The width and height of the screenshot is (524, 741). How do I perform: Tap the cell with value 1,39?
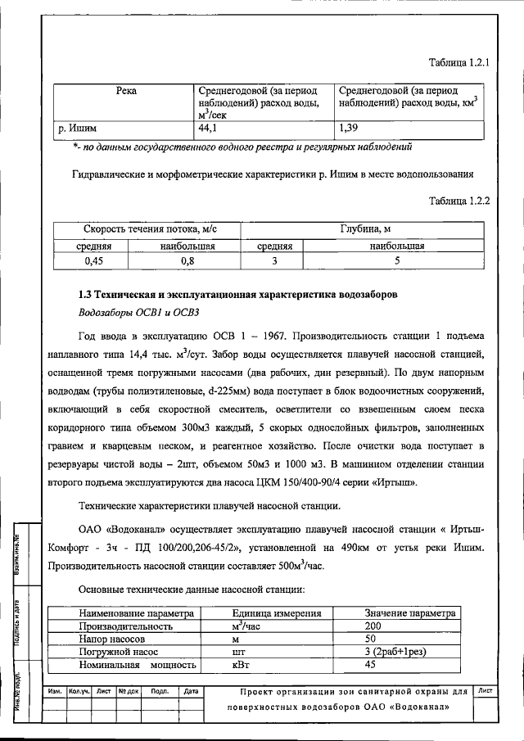click(349, 128)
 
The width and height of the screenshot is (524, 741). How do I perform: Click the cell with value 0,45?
click(96, 260)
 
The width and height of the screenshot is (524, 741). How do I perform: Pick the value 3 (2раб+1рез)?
click(399, 651)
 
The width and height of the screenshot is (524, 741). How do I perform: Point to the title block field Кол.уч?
click(79, 691)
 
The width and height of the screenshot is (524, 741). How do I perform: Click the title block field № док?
click(129, 691)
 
